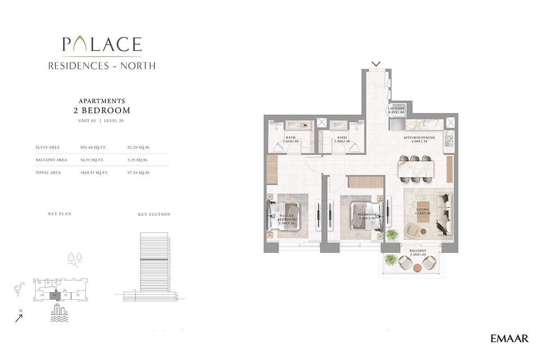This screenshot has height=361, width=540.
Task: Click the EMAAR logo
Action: (x=509, y=338)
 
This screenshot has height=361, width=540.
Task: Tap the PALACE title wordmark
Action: (x=102, y=44)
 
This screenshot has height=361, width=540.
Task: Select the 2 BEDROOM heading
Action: (x=102, y=110)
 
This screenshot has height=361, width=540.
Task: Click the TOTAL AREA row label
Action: (x=48, y=173)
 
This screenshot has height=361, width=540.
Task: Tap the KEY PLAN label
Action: (x=60, y=214)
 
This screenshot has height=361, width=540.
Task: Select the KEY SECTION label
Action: (x=154, y=215)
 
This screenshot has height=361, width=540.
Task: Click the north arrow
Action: (x=19, y=318)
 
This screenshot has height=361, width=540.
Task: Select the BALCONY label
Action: (x=418, y=252)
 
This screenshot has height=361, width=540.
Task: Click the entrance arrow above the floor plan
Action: (x=376, y=64)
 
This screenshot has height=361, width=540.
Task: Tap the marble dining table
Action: (x=417, y=169)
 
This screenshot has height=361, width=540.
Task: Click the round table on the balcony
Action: (x=417, y=268)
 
